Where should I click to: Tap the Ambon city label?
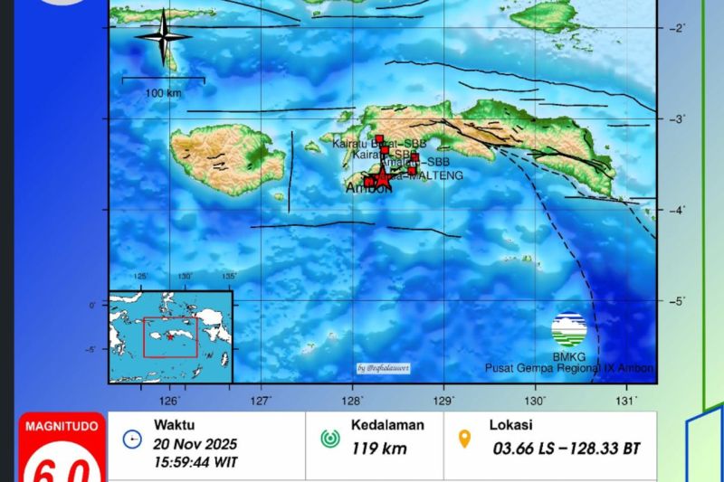tap(369, 188)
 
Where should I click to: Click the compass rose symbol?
tap(163, 37)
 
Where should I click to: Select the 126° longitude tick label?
tap(170, 400)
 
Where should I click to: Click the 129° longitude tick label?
tap(443, 400)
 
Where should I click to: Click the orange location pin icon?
tap(465, 439)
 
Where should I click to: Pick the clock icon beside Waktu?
tap(133, 439)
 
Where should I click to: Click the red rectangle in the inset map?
tap(170, 336)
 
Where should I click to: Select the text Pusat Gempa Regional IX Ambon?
tap(568, 368)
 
